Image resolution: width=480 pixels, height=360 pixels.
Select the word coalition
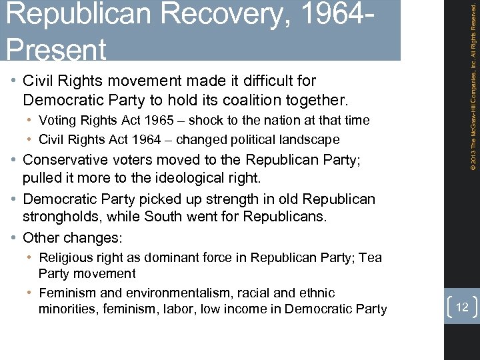pyautogui.click(x=251, y=101)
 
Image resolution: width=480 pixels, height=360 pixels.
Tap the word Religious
pyautogui.click(x=65, y=258)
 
